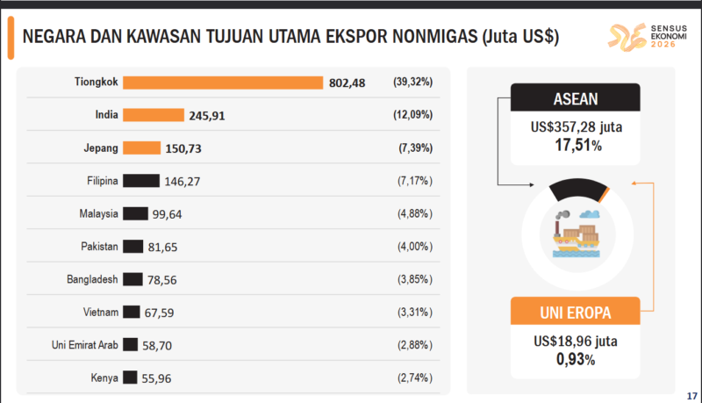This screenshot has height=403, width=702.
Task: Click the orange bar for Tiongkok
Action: coord(223,83)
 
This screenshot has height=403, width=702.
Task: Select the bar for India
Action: coord(154,115)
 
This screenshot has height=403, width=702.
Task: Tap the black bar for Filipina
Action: coord(141,181)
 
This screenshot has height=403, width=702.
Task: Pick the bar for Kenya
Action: coord(130,378)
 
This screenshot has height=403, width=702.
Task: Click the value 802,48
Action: coord(347,83)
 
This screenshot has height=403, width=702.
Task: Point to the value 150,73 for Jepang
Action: coord(183,148)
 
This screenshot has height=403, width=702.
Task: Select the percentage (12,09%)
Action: coord(412,115)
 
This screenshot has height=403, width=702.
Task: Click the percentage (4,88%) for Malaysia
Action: coord(412,213)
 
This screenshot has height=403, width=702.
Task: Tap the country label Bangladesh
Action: coord(92,279)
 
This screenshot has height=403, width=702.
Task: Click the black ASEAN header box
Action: coord(570,97)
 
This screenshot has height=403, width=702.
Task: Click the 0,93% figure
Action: coord(576,359)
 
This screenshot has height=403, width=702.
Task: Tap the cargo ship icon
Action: coord(576,234)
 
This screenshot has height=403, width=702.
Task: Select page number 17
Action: coord(691,392)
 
